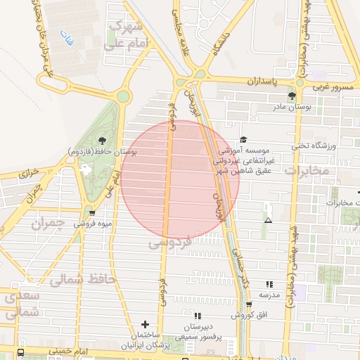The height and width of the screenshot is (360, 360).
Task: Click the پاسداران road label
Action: [263, 82]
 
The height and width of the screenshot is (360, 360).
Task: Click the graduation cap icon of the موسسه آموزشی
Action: [243, 140]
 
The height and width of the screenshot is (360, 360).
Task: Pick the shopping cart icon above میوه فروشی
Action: [92, 212]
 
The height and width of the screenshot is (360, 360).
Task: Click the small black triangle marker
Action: [267, 221]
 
